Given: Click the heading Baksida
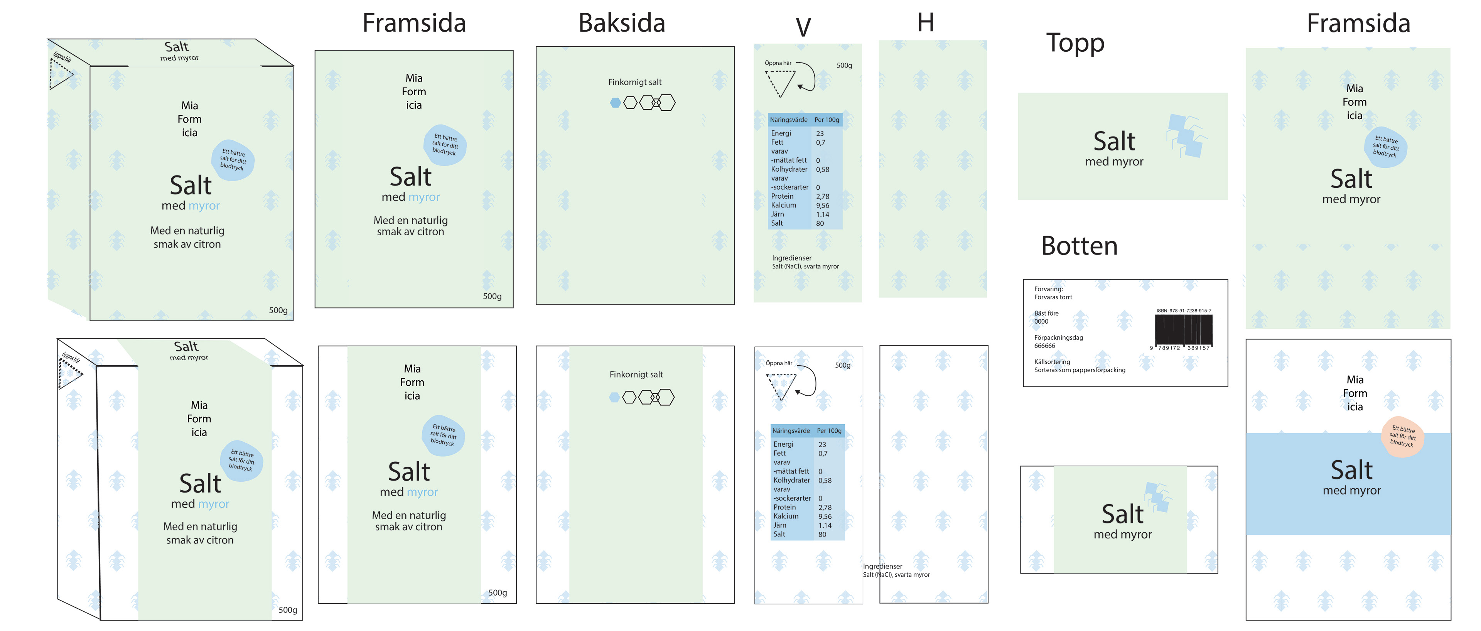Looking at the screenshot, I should pyautogui.click(x=621, y=23).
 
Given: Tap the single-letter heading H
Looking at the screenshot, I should pyautogui.click(x=926, y=23).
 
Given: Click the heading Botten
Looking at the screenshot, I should pyautogui.click(x=1079, y=246).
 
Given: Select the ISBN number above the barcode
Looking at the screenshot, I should pyautogui.click(x=1184, y=310).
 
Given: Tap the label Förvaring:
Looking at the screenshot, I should pyautogui.click(x=1049, y=289).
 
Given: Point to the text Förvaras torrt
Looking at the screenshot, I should pyautogui.click(x=1053, y=297).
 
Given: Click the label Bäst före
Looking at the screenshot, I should pyautogui.click(x=1046, y=314).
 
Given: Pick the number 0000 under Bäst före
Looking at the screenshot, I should pyautogui.click(x=1041, y=322).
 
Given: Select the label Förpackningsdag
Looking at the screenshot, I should pyautogui.click(x=1058, y=337).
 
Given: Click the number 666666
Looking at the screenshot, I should pyautogui.click(x=1045, y=346).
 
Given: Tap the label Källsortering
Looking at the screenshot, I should pyautogui.click(x=1052, y=362).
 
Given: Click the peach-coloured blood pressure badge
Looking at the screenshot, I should pyautogui.click(x=1403, y=437).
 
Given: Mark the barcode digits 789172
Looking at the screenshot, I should pyautogui.click(x=1169, y=348).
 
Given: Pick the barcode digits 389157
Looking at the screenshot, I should pyautogui.click(x=1198, y=348).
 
